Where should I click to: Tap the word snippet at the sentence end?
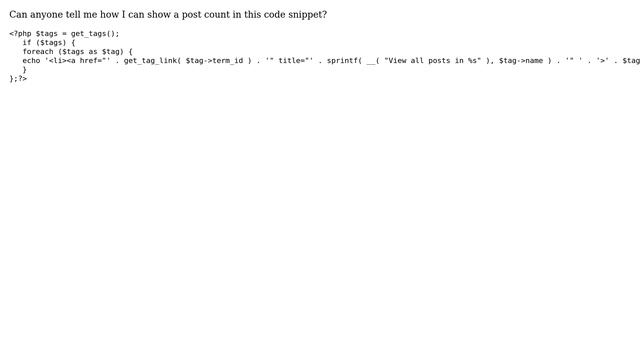(x=304, y=15)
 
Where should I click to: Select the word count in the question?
(x=212, y=15)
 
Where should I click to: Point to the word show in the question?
(x=147, y=15)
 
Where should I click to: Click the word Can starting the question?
(x=17, y=15)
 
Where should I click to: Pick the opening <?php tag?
(x=20, y=33)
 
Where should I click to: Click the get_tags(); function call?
(x=95, y=33)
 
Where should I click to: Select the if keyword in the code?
(x=27, y=42)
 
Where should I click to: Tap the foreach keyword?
(x=38, y=51)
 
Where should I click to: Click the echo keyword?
(x=31, y=60)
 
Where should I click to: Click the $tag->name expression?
(x=521, y=60)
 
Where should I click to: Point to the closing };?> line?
(x=18, y=78)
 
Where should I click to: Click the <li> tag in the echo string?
(x=57, y=60)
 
